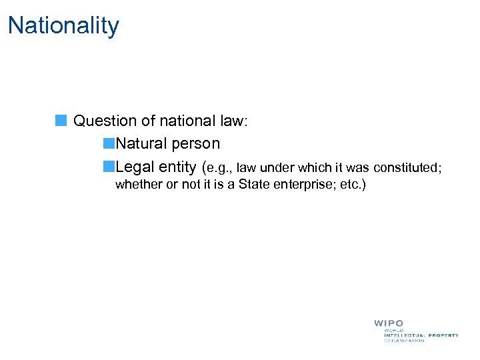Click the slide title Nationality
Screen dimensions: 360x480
[x=63, y=26]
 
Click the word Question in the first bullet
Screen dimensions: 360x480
[x=104, y=121]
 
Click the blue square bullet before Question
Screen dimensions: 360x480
[x=61, y=121]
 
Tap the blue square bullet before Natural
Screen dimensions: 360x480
[x=109, y=143]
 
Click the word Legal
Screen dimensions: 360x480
[x=135, y=166]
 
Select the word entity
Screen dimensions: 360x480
[x=177, y=166]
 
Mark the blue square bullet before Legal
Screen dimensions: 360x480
[x=109, y=166]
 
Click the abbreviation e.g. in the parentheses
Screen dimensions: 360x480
[x=220, y=167]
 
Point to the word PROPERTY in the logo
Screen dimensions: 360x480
[x=442, y=335]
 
